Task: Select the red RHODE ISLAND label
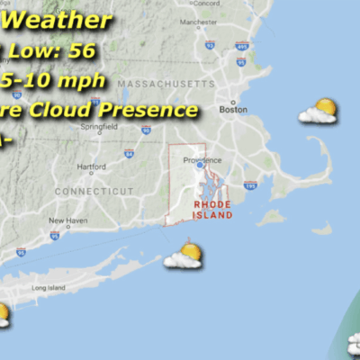point(212,210)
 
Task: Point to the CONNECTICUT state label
point(94,191)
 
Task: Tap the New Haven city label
point(67,220)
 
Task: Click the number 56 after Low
point(81,50)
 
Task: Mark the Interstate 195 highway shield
point(250,185)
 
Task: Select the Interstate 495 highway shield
point(241,45)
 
